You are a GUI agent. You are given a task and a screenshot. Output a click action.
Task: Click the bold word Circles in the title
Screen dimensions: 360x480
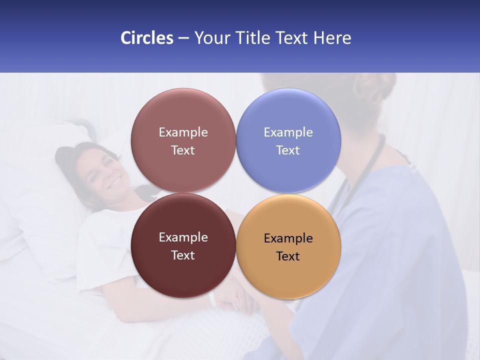(146, 38)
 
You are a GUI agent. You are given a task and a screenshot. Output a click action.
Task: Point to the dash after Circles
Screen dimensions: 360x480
(183, 38)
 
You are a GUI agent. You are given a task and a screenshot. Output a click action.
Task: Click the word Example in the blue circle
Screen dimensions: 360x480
(288, 132)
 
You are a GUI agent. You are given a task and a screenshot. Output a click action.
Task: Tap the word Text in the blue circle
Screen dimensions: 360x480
(288, 150)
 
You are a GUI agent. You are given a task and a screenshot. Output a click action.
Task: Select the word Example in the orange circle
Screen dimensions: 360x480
(288, 238)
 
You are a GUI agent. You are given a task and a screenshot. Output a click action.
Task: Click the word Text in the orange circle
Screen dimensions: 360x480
(288, 256)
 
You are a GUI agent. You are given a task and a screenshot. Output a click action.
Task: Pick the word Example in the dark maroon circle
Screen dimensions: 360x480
(183, 237)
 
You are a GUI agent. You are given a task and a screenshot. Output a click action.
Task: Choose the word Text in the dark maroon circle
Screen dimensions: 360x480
(183, 255)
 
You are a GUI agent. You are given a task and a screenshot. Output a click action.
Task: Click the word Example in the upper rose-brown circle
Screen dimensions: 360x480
(183, 132)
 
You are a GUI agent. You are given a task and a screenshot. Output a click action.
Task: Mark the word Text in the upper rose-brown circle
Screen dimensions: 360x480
(183, 150)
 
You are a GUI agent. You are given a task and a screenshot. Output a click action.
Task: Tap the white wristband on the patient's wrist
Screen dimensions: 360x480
(212, 299)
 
